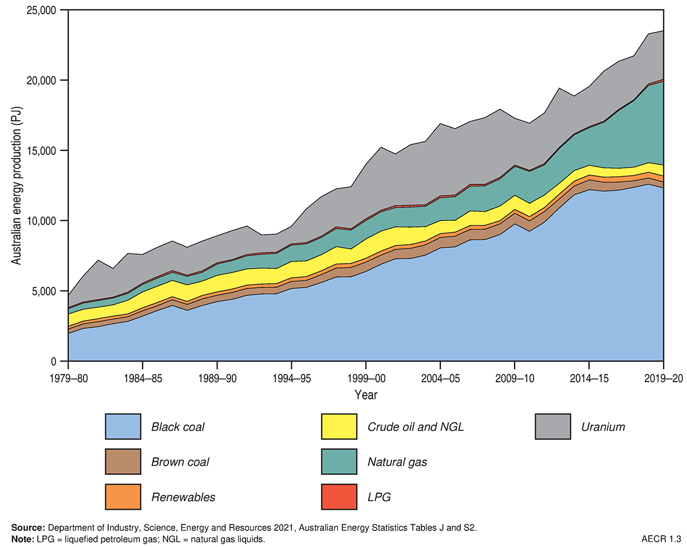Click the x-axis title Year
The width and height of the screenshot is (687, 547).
coord(366,395)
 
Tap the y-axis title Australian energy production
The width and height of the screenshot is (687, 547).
coord(17,185)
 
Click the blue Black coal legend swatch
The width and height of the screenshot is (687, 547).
coord(123,426)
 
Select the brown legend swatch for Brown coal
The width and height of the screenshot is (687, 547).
coord(123,462)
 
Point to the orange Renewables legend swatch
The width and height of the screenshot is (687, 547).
coord(123,496)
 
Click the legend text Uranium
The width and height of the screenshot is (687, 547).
coord(603,427)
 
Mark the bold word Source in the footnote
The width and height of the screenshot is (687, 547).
coord(28,527)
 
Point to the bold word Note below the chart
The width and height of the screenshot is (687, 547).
coord(23,539)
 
